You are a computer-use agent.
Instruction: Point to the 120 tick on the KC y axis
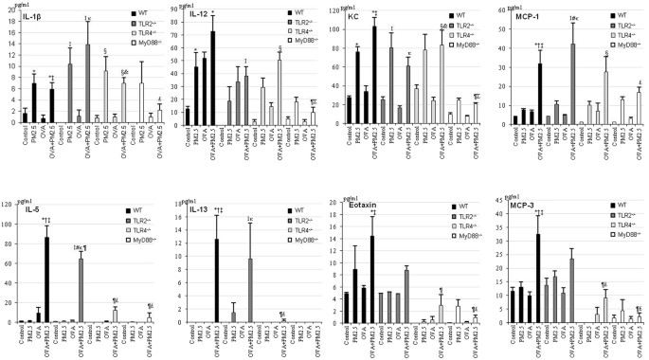pos(326,11)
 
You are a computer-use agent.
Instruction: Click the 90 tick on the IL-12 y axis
pos(171,13)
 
